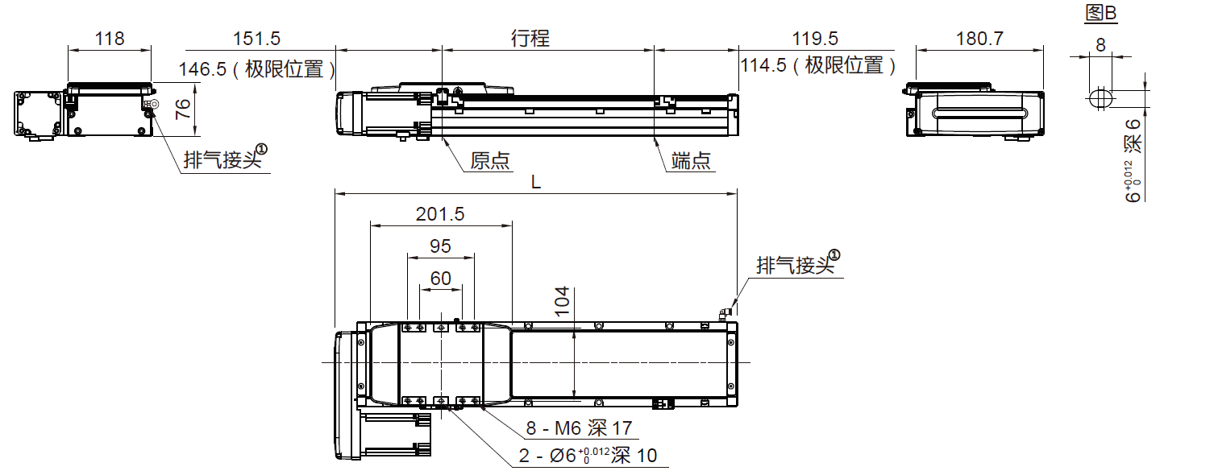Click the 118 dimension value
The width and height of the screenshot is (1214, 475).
[x=110, y=38]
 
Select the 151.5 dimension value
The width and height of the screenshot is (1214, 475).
[x=256, y=38]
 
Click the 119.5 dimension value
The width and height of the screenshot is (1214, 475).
[x=815, y=38]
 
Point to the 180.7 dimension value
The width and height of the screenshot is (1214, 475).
[x=979, y=38]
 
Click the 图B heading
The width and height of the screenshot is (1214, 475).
[x=1102, y=13]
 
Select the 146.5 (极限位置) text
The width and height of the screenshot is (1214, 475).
[x=257, y=68]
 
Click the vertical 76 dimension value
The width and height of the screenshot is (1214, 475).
[x=185, y=109]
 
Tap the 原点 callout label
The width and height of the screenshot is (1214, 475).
[x=491, y=161]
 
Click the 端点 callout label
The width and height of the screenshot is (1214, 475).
[x=692, y=161]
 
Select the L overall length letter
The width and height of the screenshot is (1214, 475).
[x=536, y=182]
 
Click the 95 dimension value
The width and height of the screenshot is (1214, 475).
[x=440, y=246]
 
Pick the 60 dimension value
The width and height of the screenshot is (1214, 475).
[x=440, y=279]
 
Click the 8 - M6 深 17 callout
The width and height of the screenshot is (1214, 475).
[x=580, y=428]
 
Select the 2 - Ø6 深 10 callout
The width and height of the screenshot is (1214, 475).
[x=588, y=456]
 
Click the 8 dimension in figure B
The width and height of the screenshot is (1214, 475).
[x=1100, y=45]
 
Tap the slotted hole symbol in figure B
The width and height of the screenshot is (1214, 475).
[x=1100, y=98]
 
